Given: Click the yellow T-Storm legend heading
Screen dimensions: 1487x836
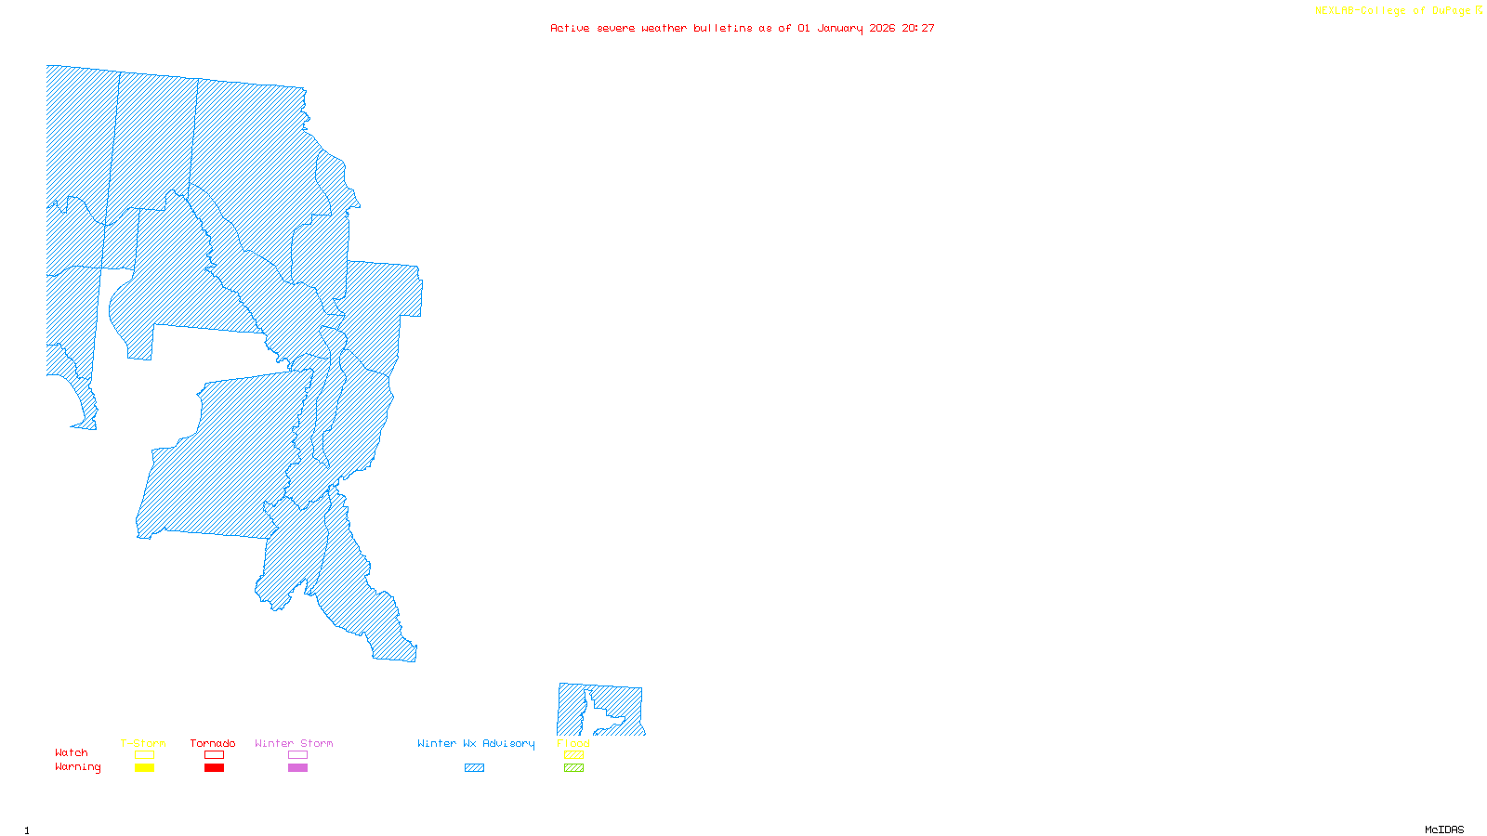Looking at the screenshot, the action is [143, 743].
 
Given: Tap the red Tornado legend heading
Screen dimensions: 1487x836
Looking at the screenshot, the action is [213, 743].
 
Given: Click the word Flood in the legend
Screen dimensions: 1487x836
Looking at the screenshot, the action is [573, 743].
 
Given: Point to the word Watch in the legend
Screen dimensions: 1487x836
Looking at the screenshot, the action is [72, 752].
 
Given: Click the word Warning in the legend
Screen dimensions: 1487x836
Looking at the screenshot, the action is [78, 767].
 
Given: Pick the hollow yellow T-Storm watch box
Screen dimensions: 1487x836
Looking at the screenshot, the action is [144, 755].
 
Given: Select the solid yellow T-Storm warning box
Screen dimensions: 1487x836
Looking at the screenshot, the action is [144, 768].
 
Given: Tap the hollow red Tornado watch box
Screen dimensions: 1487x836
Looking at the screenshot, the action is [214, 755].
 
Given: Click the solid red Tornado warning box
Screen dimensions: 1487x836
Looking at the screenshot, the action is [214, 768].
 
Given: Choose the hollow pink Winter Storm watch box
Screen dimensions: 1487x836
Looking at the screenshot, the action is [297, 755].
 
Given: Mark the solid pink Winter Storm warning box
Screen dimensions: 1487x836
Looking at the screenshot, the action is [297, 768].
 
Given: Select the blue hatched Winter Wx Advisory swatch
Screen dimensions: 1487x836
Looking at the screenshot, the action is [474, 768].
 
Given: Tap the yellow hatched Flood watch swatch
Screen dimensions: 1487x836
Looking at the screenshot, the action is [573, 755].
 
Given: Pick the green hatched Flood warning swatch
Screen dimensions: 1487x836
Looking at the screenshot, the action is [573, 768].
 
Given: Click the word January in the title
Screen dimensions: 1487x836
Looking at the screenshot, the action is [840, 29].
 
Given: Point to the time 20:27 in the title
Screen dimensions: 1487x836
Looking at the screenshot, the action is [918, 28].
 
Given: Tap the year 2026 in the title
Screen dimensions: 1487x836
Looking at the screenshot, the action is [882, 28].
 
